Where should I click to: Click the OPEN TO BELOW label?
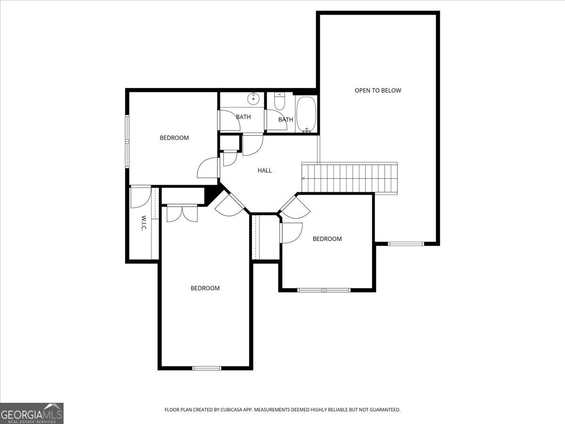point(378,90)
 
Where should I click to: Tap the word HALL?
point(265,171)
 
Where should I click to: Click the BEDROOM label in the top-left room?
point(174,138)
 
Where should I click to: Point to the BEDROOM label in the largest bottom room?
point(205,288)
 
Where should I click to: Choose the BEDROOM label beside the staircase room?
point(327,239)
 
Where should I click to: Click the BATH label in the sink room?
point(243,117)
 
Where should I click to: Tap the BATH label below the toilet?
point(285,120)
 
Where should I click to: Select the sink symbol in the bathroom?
point(254,98)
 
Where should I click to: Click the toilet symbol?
point(280,102)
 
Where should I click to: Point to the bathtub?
point(307,114)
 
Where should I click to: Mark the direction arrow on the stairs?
point(304,179)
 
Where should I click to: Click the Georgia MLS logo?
point(32,413)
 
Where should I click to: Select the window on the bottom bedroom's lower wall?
point(207,368)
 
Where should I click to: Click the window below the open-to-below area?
point(406,244)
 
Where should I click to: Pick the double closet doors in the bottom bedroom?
point(182,213)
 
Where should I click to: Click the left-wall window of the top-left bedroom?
point(127,141)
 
